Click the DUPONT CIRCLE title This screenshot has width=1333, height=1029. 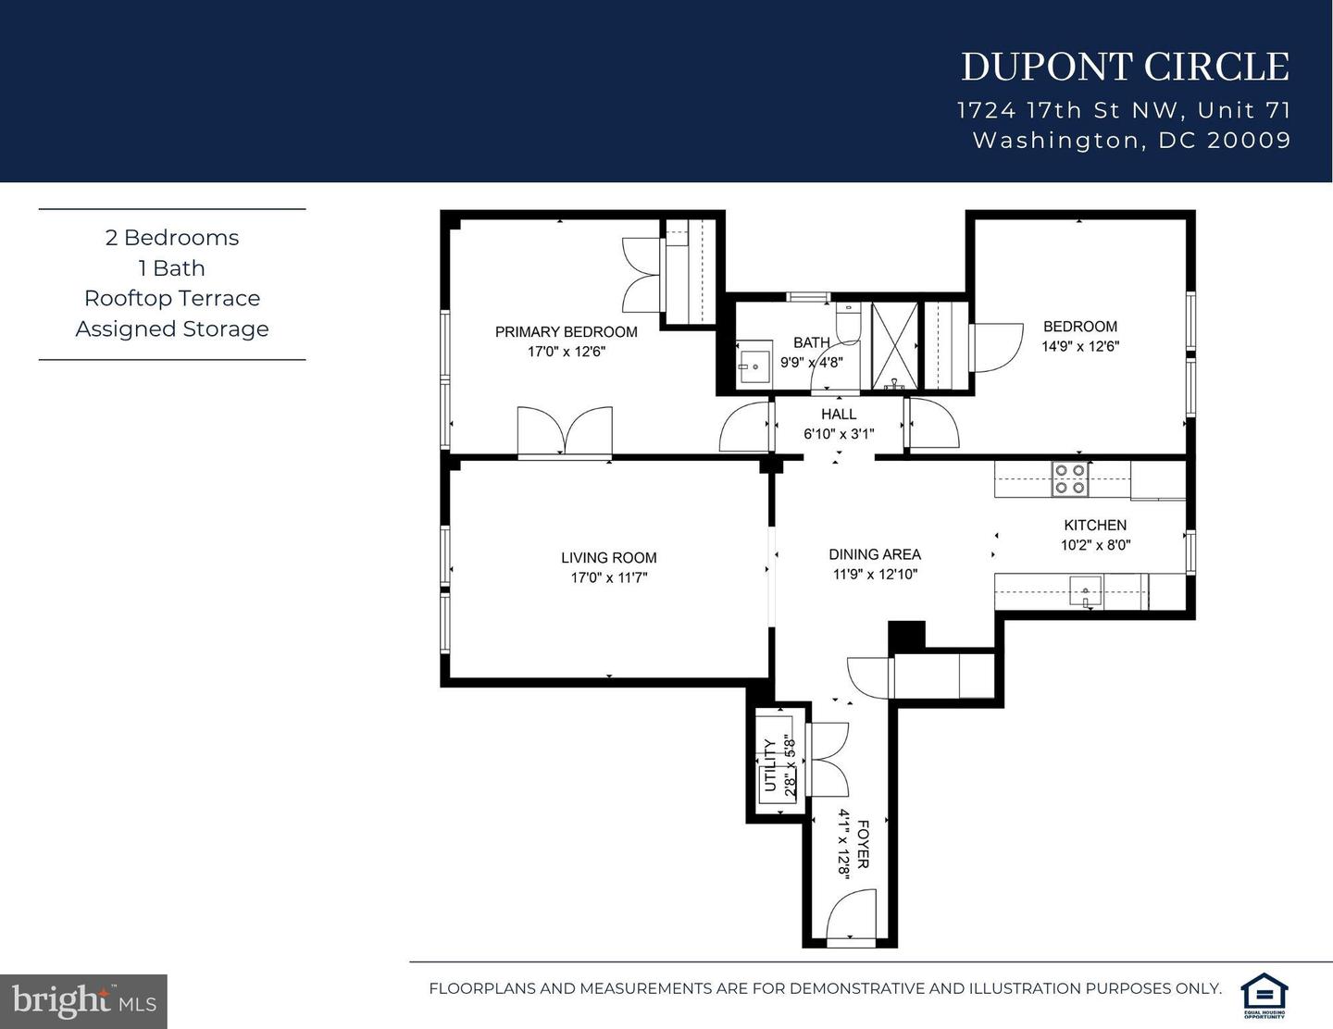[1124, 68]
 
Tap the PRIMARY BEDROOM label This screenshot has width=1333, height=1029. [566, 332]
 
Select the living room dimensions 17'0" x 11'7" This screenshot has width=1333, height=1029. [608, 577]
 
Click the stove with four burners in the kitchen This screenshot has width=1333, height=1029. [1070, 478]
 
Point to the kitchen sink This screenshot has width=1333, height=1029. [1085, 590]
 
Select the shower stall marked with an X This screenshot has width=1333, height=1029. [894, 344]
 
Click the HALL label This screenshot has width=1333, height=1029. [839, 415]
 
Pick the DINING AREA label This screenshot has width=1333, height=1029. [874, 554]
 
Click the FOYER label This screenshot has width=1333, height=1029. [863, 844]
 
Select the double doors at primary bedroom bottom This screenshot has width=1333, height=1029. [565, 431]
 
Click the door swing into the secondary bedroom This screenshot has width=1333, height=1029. [996, 346]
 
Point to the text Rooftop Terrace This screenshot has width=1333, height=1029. [172, 298]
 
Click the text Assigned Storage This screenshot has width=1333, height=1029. [172, 329]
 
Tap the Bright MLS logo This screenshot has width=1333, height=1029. [83, 1001]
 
